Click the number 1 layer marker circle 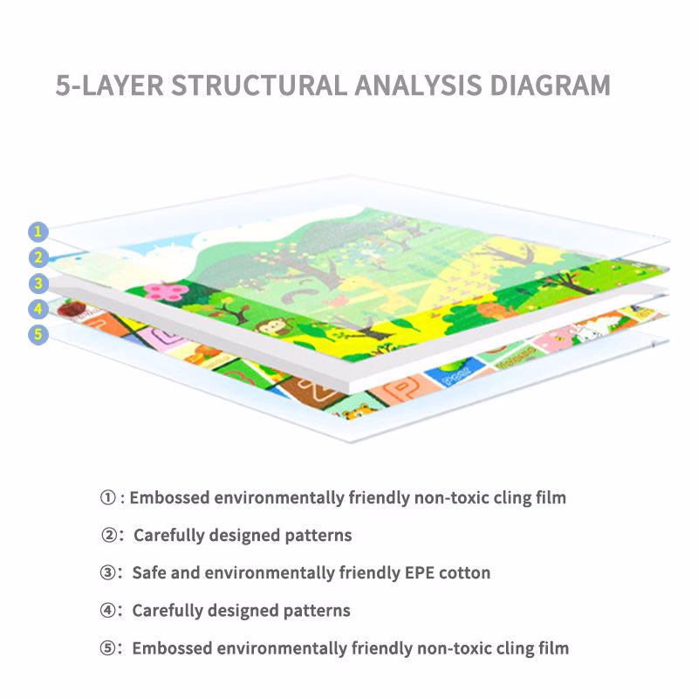[x=38, y=232]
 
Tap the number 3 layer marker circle [x=38, y=284]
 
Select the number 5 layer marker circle [x=38, y=335]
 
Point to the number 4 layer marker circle [x=38, y=309]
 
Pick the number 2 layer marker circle [x=38, y=257]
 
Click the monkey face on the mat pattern [x=272, y=328]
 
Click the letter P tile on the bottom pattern [x=403, y=388]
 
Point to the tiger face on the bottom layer [x=359, y=412]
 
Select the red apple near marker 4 [x=72, y=309]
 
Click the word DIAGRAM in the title [x=550, y=85]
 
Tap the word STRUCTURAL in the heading [x=259, y=85]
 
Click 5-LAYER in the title [x=110, y=85]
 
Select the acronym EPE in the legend [x=420, y=572]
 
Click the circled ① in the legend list [x=107, y=497]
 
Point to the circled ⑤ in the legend [x=107, y=648]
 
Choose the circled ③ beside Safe [x=107, y=572]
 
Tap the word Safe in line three [x=149, y=572]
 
